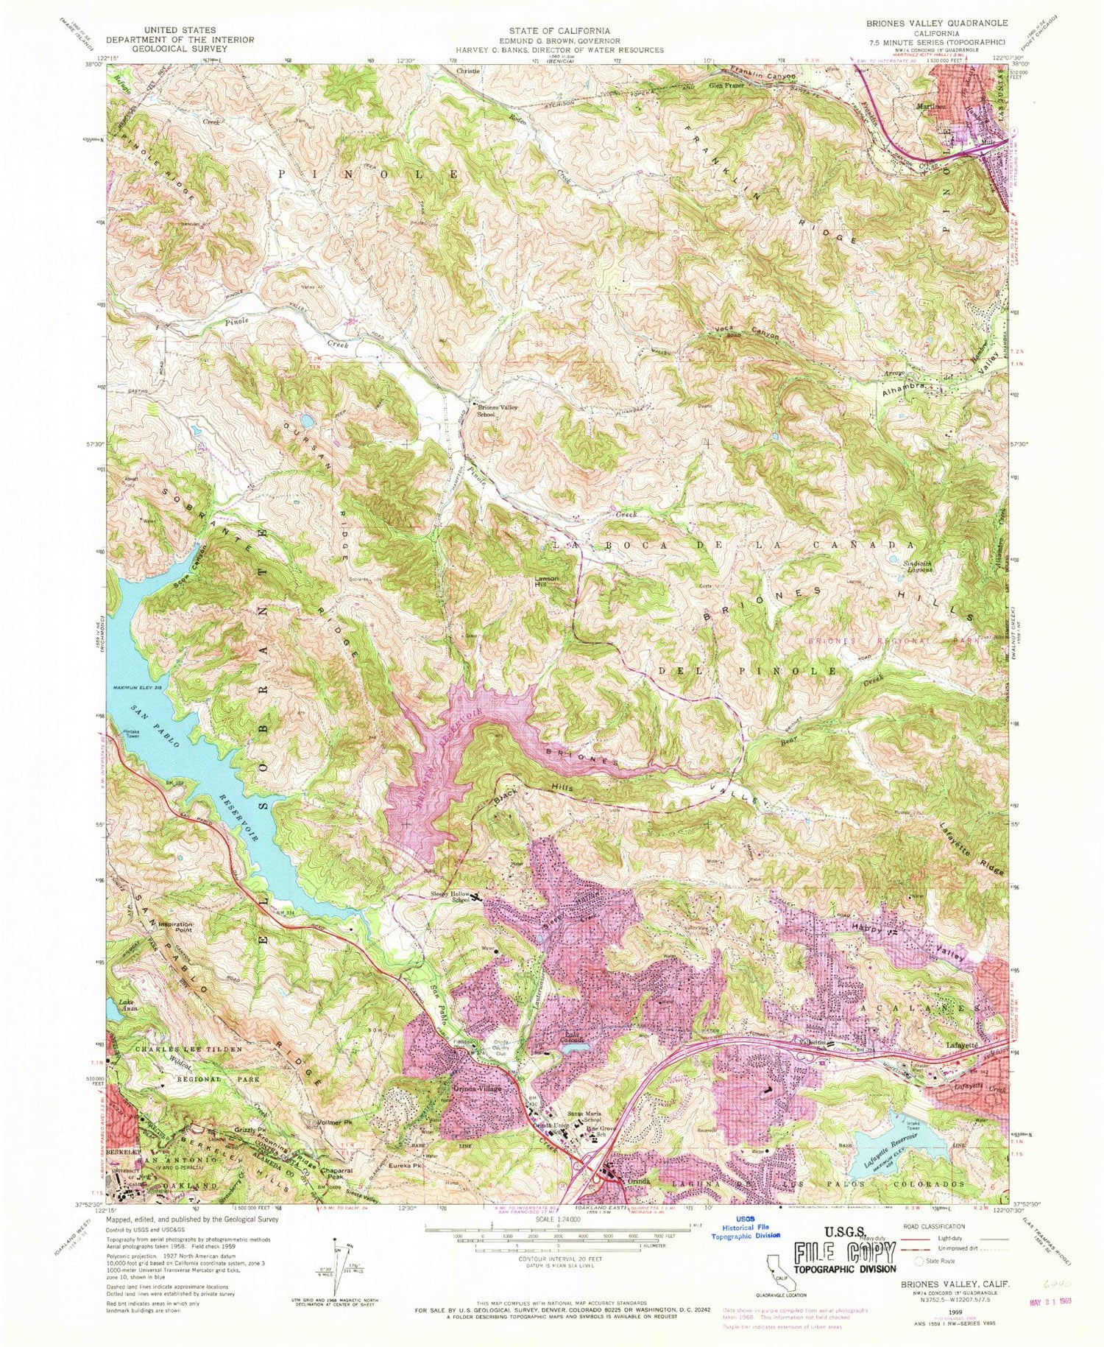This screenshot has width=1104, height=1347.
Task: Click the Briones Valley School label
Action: [x=494, y=410]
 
